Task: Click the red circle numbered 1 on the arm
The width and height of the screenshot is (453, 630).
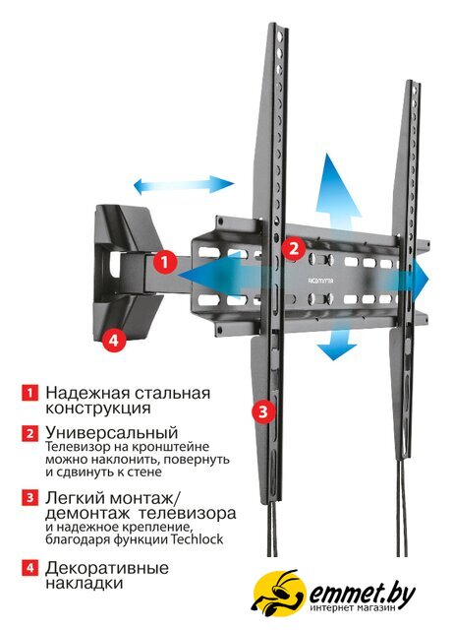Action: [164, 263]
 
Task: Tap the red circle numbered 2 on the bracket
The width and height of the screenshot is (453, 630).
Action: [294, 248]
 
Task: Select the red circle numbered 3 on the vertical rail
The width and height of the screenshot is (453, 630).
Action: [263, 411]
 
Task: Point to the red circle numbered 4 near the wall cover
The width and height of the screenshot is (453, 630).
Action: [114, 340]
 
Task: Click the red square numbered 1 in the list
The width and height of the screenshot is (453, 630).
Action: [29, 393]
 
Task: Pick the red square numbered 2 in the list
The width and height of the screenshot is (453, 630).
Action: [29, 433]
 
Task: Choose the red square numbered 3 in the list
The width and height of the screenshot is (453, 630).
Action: [29, 498]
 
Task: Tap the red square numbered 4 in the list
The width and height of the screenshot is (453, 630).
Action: [29, 569]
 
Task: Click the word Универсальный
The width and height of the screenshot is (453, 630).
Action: [112, 433]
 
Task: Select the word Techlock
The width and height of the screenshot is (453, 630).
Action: [197, 538]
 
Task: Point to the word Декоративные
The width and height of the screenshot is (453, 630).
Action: [107, 569]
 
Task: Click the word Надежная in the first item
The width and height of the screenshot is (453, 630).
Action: [86, 393]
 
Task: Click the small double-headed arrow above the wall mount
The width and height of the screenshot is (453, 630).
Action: [184, 185]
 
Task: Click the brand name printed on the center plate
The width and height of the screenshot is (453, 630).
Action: [321, 281]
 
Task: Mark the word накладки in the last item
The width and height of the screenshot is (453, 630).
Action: [84, 583]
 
